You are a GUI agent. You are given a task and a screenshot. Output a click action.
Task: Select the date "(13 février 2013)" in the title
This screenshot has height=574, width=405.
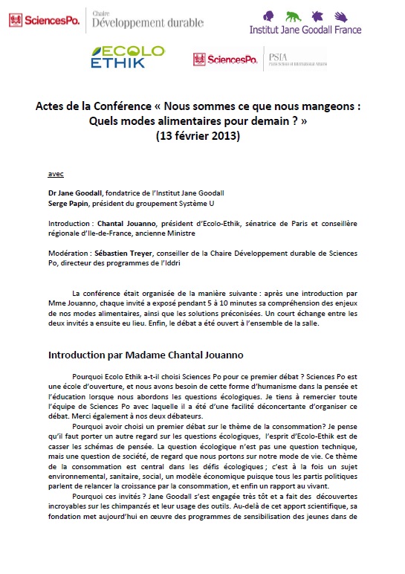pyautogui.click(x=198, y=136)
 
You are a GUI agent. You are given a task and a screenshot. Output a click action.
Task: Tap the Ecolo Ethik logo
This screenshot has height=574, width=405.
pyautogui.click(x=127, y=58)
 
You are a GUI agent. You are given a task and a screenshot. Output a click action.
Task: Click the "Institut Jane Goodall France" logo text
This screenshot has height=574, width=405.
pyautogui.click(x=305, y=30)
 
